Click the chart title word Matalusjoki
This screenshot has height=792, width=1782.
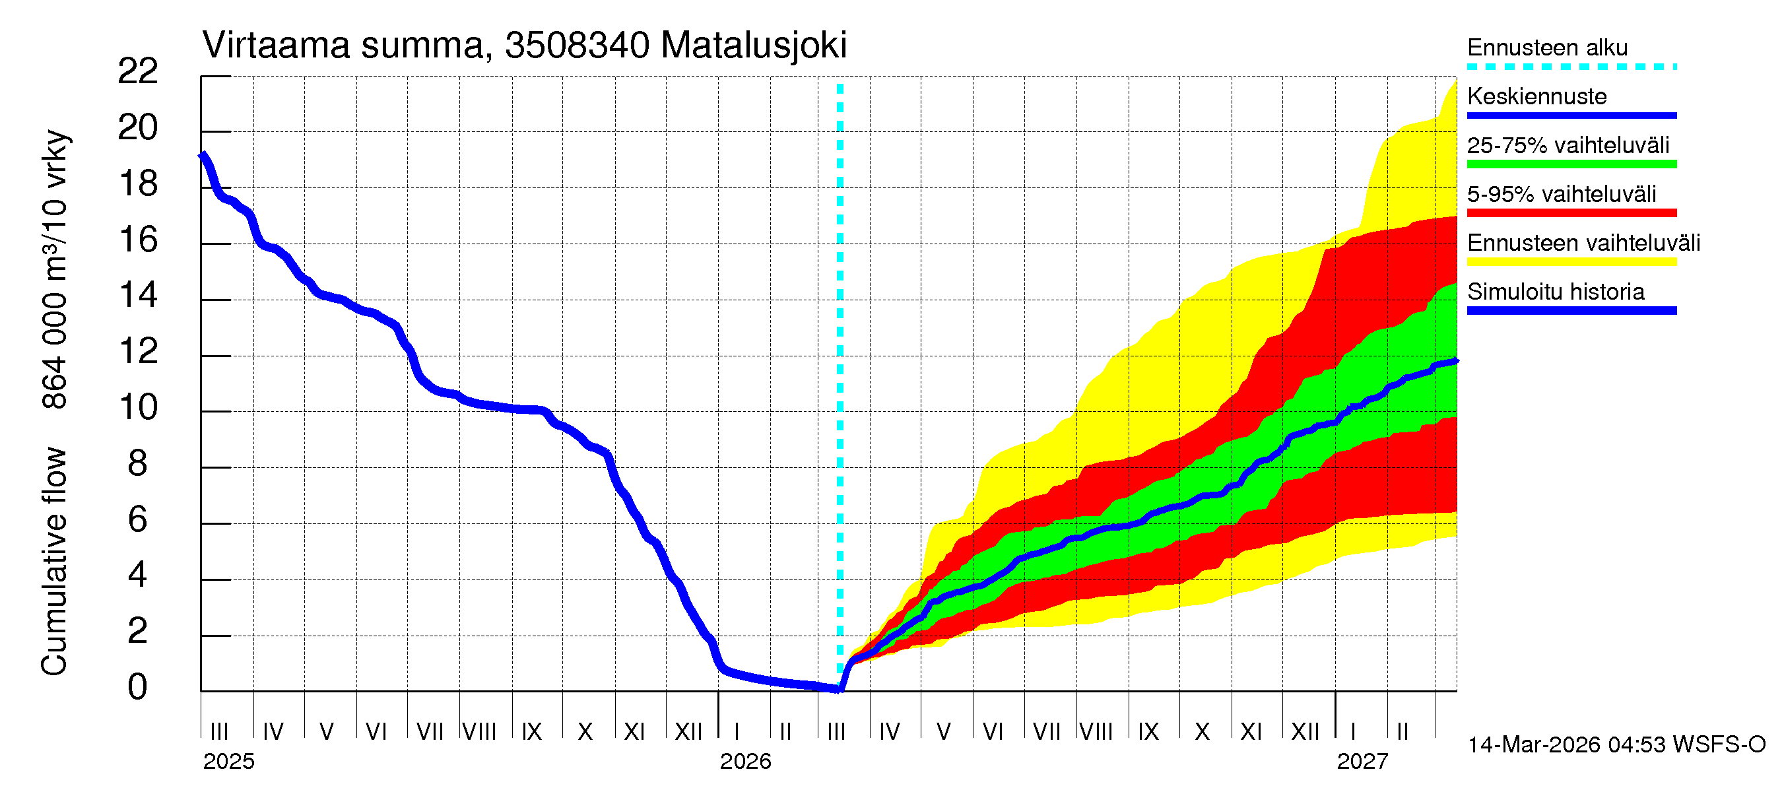click(753, 46)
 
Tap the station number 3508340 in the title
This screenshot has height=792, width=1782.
click(577, 46)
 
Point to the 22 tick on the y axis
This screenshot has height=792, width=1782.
click(138, 71)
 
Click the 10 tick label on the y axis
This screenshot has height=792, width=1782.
click(138, 407)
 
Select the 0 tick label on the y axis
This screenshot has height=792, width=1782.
click(138, 687)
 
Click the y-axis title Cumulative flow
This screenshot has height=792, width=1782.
click(54, 561)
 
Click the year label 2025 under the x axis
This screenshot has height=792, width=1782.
click(228, 762)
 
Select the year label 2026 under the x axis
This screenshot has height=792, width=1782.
click(745, 762)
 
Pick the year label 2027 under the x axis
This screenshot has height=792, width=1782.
click(1362, 762)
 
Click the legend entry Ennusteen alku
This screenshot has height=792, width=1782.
click(1547, 48)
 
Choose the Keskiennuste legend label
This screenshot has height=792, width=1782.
click(1536, 96)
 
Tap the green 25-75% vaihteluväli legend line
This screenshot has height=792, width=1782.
click(1571, 164)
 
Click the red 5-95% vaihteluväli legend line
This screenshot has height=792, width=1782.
click(1571, 213)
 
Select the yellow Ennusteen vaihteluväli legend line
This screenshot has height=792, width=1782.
click(1571, 262)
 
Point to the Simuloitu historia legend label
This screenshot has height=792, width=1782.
click(1555, 292)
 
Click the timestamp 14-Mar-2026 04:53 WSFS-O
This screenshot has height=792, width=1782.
click(1616, 745)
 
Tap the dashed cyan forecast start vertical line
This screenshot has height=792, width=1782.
click(840, 346)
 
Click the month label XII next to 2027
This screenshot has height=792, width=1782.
click(1305, 732)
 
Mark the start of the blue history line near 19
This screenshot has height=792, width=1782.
click(203, 156)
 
